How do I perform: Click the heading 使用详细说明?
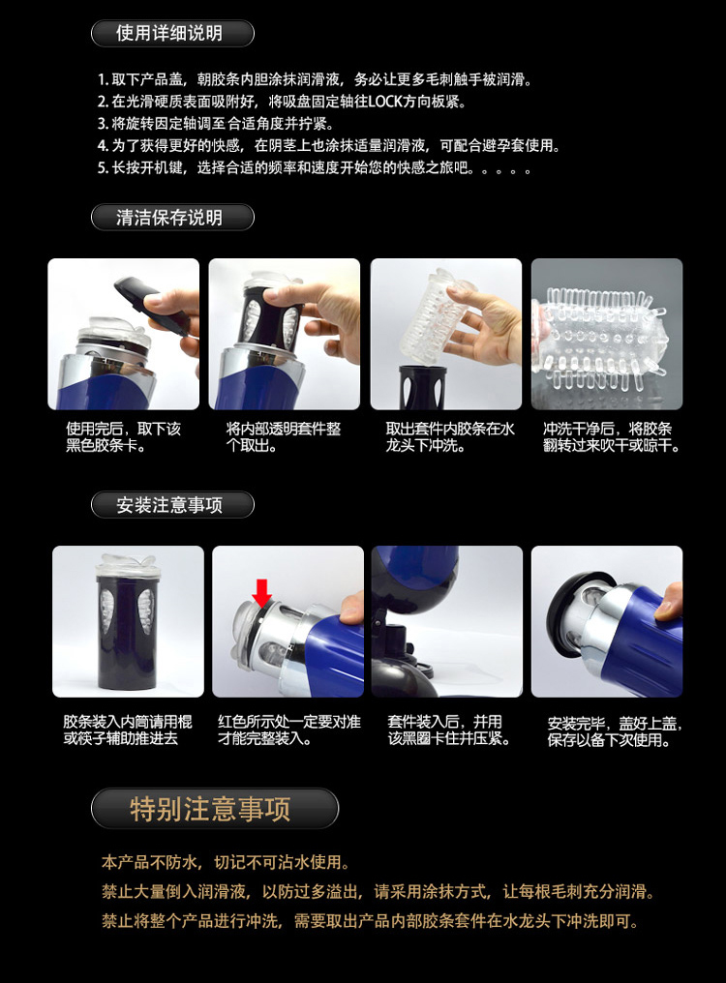pos(169,33)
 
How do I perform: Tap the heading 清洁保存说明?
pos(169,218)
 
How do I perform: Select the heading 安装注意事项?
pos(169,505)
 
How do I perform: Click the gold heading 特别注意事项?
pos(210,809)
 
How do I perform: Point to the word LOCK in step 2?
pos(384,101)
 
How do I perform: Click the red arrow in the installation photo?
pos(261,592)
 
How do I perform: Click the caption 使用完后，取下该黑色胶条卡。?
pos(123,437)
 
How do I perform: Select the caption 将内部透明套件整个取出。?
pos(283,437)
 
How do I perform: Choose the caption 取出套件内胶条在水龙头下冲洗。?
pos(450,437)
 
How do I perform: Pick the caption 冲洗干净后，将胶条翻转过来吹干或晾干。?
pos(611,437)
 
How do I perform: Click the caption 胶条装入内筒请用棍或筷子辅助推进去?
pos(128,730)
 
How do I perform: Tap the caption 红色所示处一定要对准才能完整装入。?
pos(289,730)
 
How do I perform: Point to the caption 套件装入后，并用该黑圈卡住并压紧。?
pos(449,730)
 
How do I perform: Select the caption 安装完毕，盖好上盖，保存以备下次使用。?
pos(615,731)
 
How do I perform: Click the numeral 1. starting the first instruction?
pos(103,79)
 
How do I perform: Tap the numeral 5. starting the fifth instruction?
pos(103,168)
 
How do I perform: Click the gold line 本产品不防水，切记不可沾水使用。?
pos(226,863)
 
